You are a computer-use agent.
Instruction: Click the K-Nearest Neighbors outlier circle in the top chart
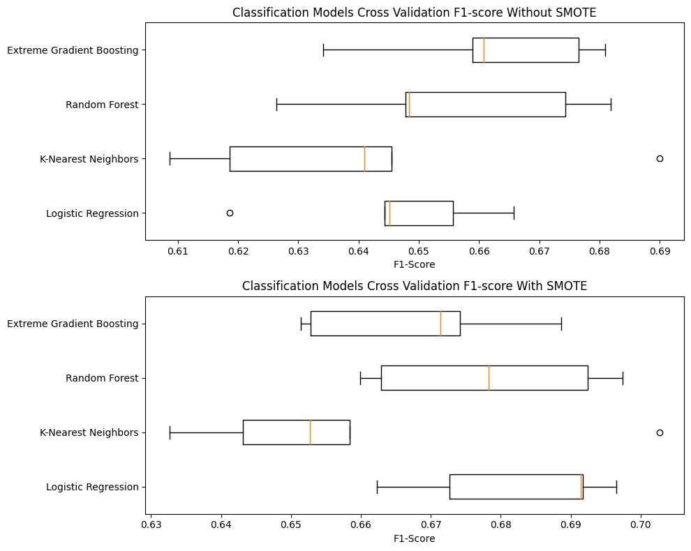[660, 158]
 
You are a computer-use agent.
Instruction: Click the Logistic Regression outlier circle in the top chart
[230, 213]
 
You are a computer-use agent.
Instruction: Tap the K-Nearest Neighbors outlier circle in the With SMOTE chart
[660, 432]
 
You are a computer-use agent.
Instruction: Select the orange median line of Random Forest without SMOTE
[409, 105]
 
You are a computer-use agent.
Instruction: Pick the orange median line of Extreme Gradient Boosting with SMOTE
[440, 324]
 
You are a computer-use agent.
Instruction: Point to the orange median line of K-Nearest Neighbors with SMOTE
[310, 432]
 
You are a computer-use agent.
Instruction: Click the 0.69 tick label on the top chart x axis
[660, 250]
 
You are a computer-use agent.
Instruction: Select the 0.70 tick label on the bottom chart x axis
[641, 524]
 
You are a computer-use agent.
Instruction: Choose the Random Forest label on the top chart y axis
[102, 105]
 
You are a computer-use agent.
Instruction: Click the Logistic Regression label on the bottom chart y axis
[92, 487]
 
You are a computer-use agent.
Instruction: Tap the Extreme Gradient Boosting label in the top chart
[73, 50]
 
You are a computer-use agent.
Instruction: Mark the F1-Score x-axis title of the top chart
[415, 264]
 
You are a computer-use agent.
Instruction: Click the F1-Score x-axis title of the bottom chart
[415, 538]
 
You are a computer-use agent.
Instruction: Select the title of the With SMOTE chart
[415, 286]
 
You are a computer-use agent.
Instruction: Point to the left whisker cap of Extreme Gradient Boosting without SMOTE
[323, 50]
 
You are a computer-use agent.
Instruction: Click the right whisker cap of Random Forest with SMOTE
[623, 378]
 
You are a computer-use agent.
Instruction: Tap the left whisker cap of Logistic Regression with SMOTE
[377, 487]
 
